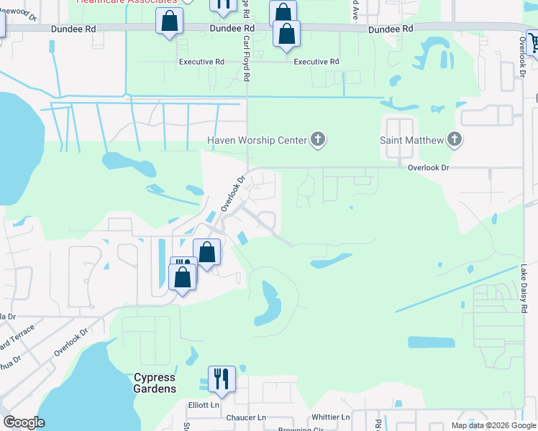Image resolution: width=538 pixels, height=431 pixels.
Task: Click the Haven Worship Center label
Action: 256,140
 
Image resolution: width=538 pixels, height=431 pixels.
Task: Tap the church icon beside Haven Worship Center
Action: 318,140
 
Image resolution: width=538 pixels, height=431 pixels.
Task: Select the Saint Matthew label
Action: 411,140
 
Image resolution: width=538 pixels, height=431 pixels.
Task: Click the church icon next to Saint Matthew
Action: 454,140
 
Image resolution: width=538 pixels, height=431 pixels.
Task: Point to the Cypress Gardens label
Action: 155,383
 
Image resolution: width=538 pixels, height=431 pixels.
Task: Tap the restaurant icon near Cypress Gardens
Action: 222,379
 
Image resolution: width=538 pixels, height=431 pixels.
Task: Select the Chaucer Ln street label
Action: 247,417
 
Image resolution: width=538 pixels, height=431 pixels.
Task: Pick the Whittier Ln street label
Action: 331,417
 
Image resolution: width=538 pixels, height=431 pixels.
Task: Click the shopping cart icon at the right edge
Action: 533,44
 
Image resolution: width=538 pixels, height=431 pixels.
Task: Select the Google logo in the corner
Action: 24,422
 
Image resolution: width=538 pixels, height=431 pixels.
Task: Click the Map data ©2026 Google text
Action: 493,425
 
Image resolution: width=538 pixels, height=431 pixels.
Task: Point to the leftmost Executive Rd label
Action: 201,62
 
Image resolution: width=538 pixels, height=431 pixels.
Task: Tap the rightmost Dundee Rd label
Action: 391,29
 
